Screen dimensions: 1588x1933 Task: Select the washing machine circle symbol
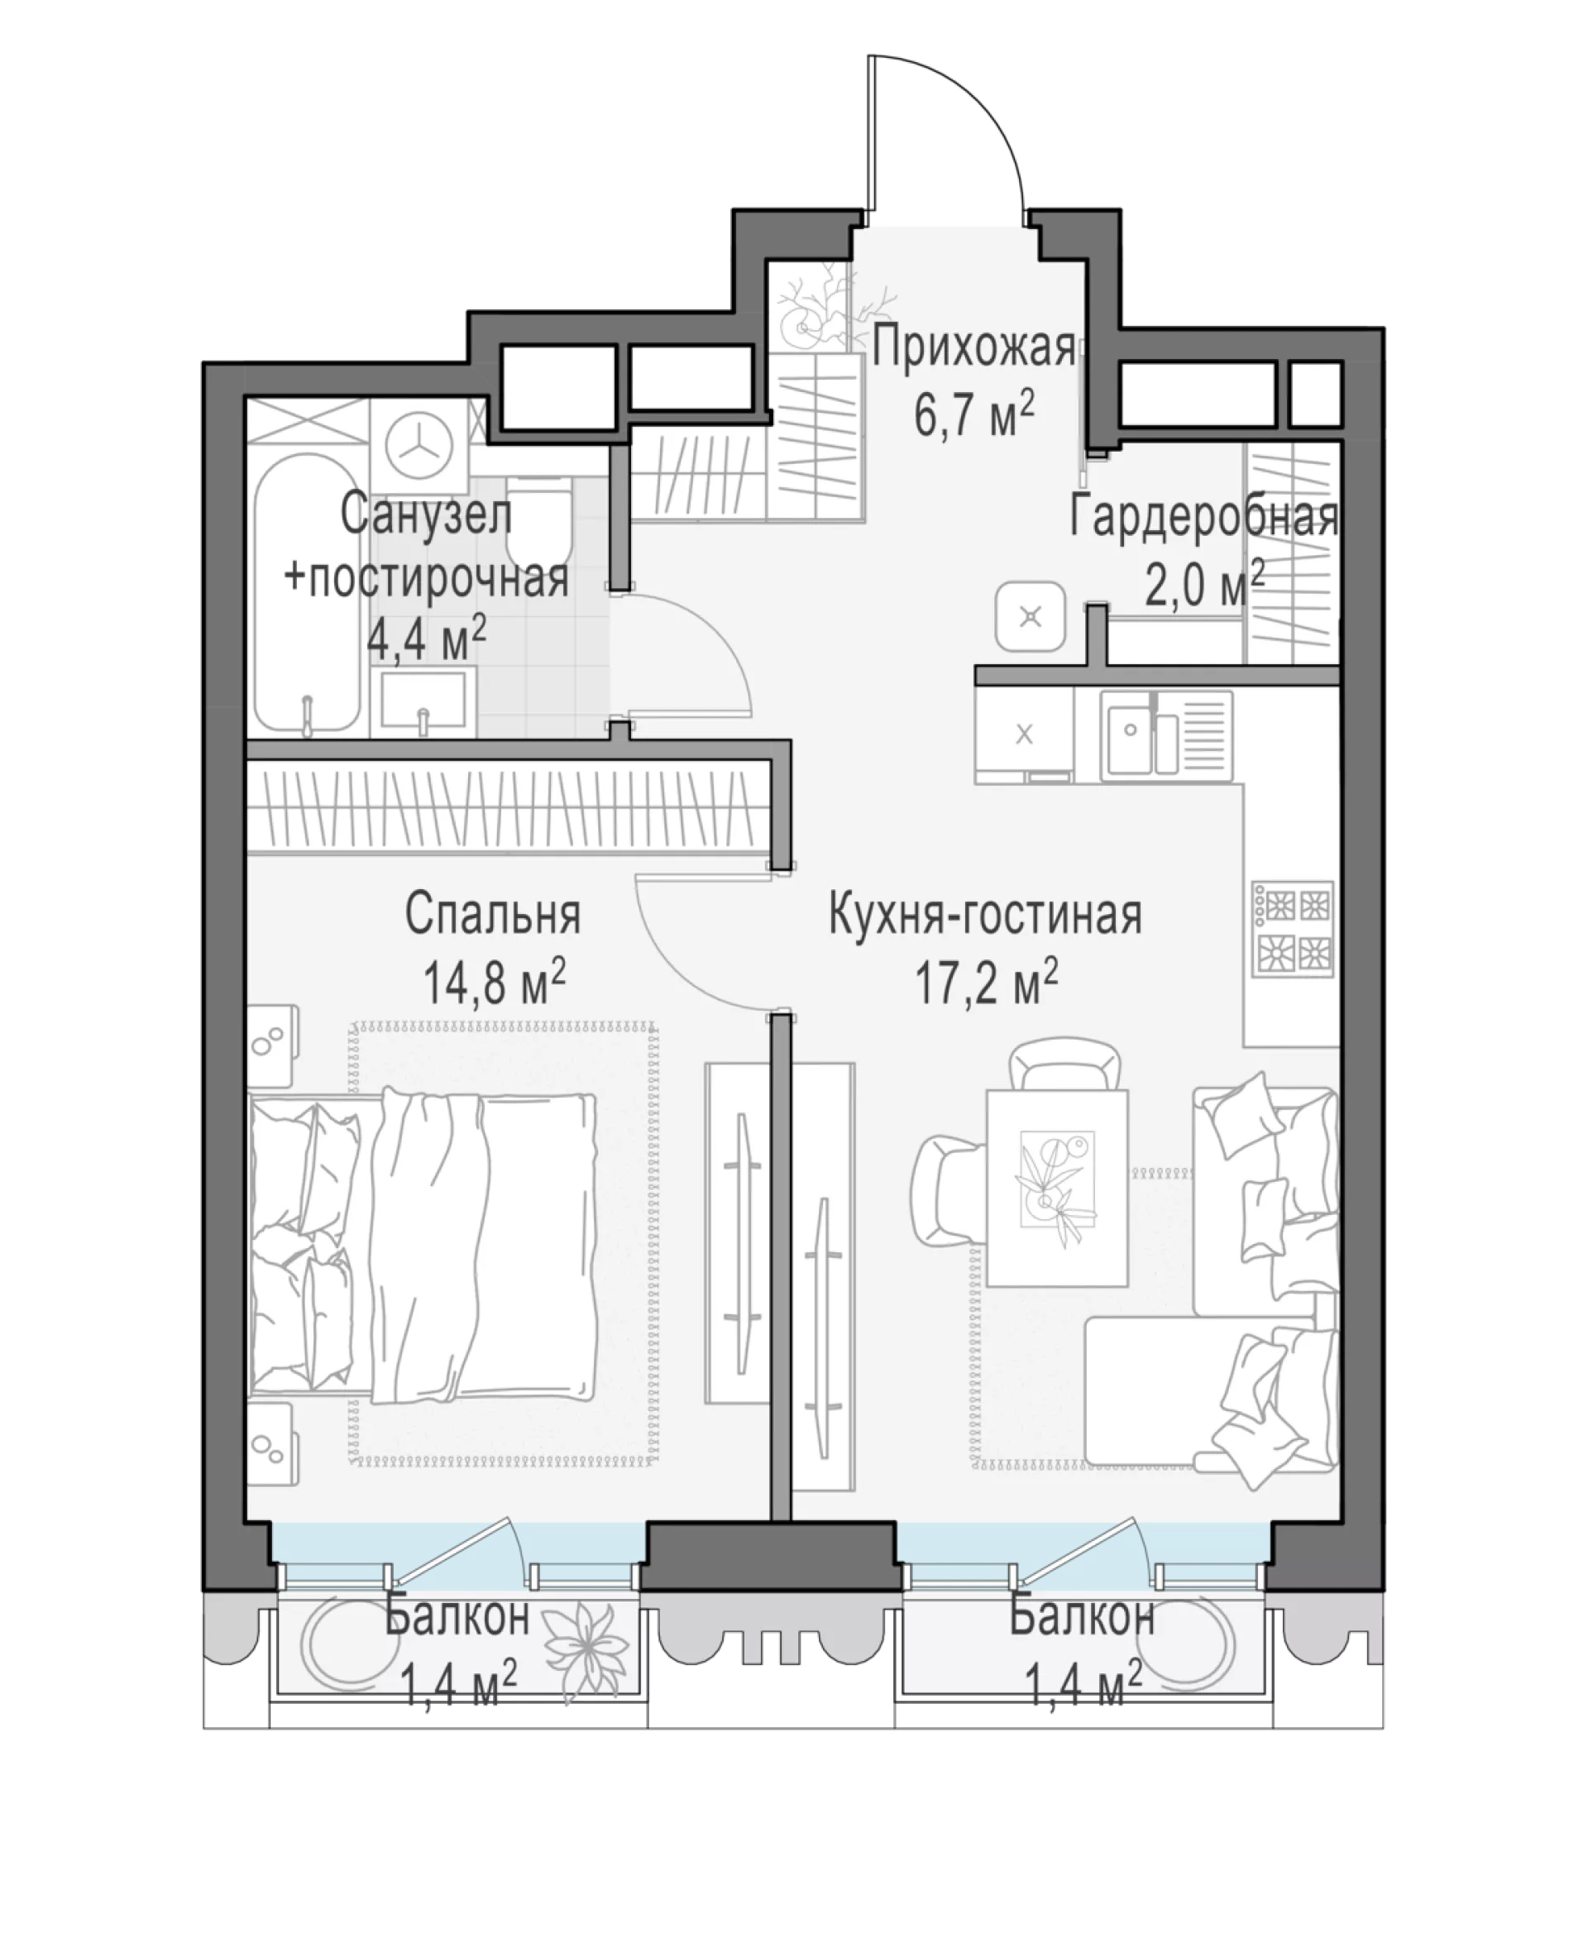click(x=420, y=447)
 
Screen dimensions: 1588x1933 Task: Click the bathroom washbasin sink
click(x=423, y=701)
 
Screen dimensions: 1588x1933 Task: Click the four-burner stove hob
click(x=1293, y=929)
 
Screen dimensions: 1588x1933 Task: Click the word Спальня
click(x=493, y=914)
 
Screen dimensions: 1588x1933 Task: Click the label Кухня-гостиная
click(x=985, y=915)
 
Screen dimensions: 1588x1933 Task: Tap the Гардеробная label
click(x=1203, y=518)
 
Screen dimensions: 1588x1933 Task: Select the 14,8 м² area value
click(x=494, y=983)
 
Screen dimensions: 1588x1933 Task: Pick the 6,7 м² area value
click(x=973, y=414)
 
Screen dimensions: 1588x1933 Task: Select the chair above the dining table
click(x=1064, y=1064)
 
